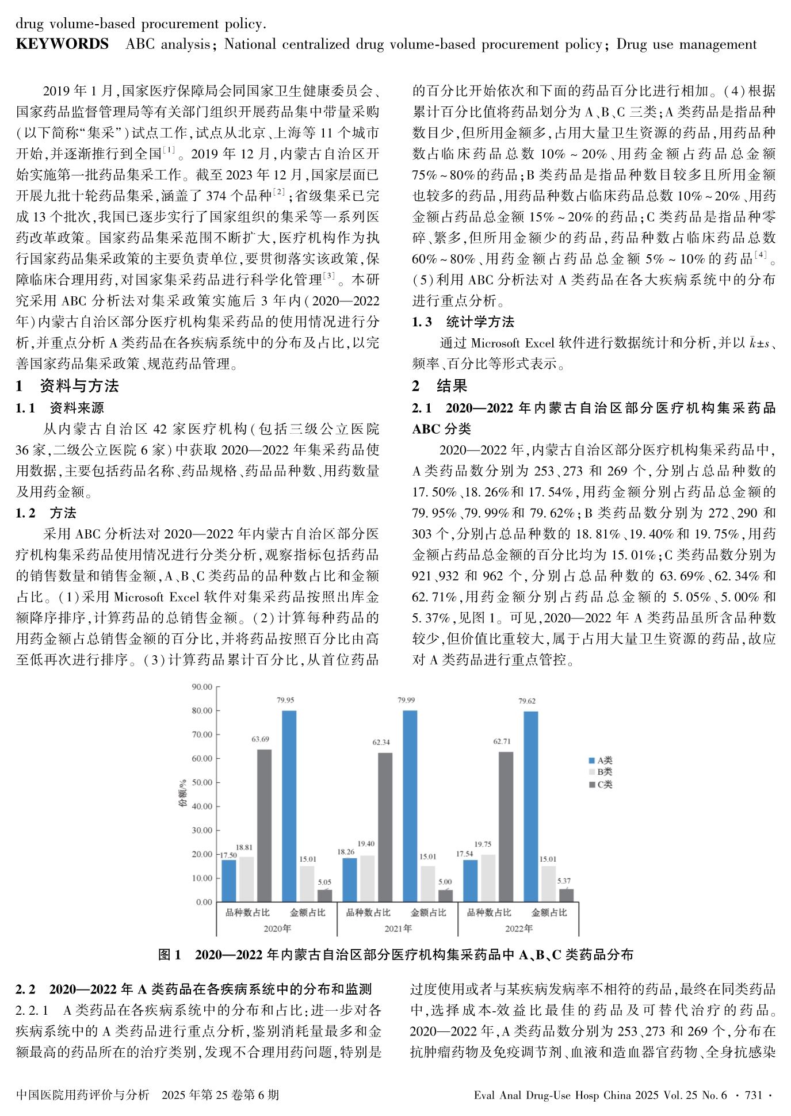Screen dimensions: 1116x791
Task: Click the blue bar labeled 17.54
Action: (470, 881)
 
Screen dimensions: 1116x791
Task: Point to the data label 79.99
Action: (406, 700)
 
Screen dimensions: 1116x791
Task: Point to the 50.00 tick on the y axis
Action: (202, 782)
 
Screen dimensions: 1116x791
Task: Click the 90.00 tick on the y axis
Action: (202, 687)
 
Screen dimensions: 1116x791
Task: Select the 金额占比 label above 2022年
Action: (549, 912)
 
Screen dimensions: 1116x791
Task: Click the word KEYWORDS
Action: (62, 44)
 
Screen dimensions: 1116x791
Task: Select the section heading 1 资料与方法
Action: (67, 385)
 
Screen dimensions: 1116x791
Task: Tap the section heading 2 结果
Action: (440, 385)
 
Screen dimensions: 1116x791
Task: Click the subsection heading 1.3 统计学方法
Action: (463, 322)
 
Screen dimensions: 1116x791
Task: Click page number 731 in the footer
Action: (753, 1095)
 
